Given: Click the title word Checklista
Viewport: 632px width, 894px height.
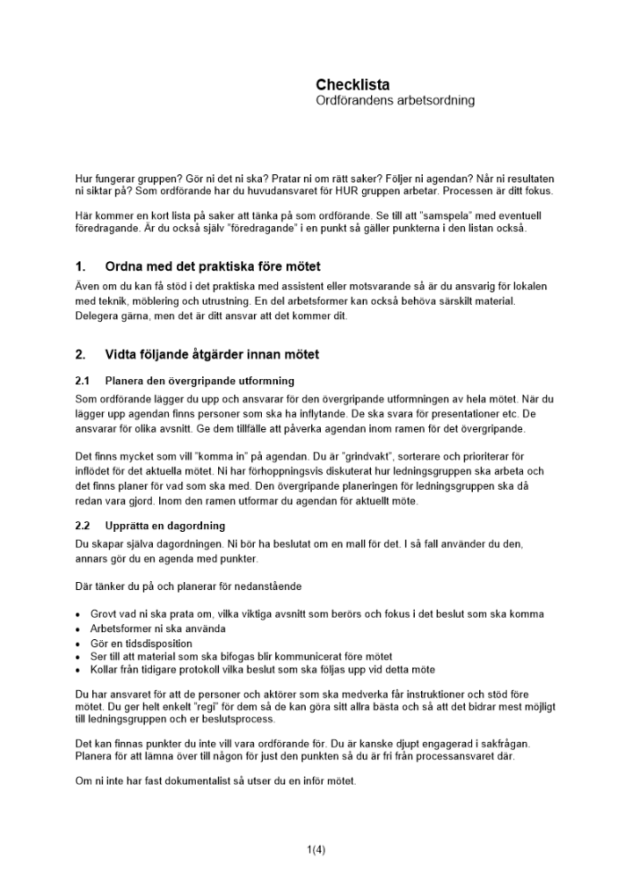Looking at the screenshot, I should coord(352,85).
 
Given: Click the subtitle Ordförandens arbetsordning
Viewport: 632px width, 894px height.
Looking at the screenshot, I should coord(395,101).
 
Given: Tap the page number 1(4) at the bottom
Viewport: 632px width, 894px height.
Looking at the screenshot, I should coord(316,849).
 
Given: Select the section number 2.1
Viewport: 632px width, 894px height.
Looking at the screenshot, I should coord(83,381).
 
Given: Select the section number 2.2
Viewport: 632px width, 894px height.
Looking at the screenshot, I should coord(83,526).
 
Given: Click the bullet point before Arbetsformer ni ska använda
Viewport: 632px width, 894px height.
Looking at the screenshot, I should coord(79,628).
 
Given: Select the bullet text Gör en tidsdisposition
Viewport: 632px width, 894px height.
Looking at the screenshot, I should coord(141,643).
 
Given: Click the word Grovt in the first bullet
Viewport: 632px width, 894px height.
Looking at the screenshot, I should coord(105,615).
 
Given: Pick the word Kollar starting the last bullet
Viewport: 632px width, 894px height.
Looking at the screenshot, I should coord(106,669).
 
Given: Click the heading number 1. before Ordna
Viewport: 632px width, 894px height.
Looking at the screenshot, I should coord(80,266).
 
